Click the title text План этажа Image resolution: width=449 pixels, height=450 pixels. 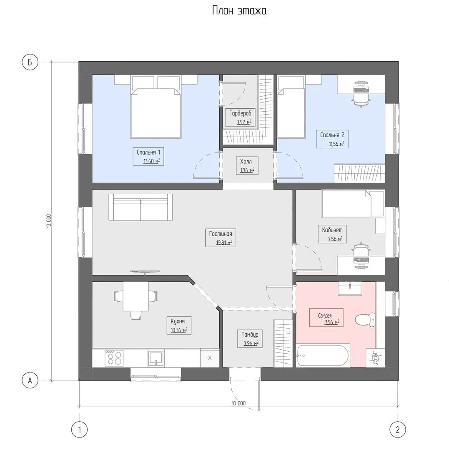point(239,10)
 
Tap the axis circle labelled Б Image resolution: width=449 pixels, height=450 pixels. point(30,62)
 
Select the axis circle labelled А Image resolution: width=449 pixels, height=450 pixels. point(30,380)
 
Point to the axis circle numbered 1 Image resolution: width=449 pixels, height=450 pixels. point(79,430)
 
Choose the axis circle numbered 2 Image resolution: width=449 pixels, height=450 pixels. point(398,430)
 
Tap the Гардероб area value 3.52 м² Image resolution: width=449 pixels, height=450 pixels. point(244,122)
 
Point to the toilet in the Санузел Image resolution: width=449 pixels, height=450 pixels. point(365,319)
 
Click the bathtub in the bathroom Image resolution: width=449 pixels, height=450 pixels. point(323,355)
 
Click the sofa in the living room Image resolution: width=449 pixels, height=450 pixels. point(140,207)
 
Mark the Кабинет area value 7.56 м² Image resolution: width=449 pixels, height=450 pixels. point(335,239)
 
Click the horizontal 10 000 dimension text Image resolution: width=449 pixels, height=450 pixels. point(238,403)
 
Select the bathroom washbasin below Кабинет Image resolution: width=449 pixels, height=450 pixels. point(350,288)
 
